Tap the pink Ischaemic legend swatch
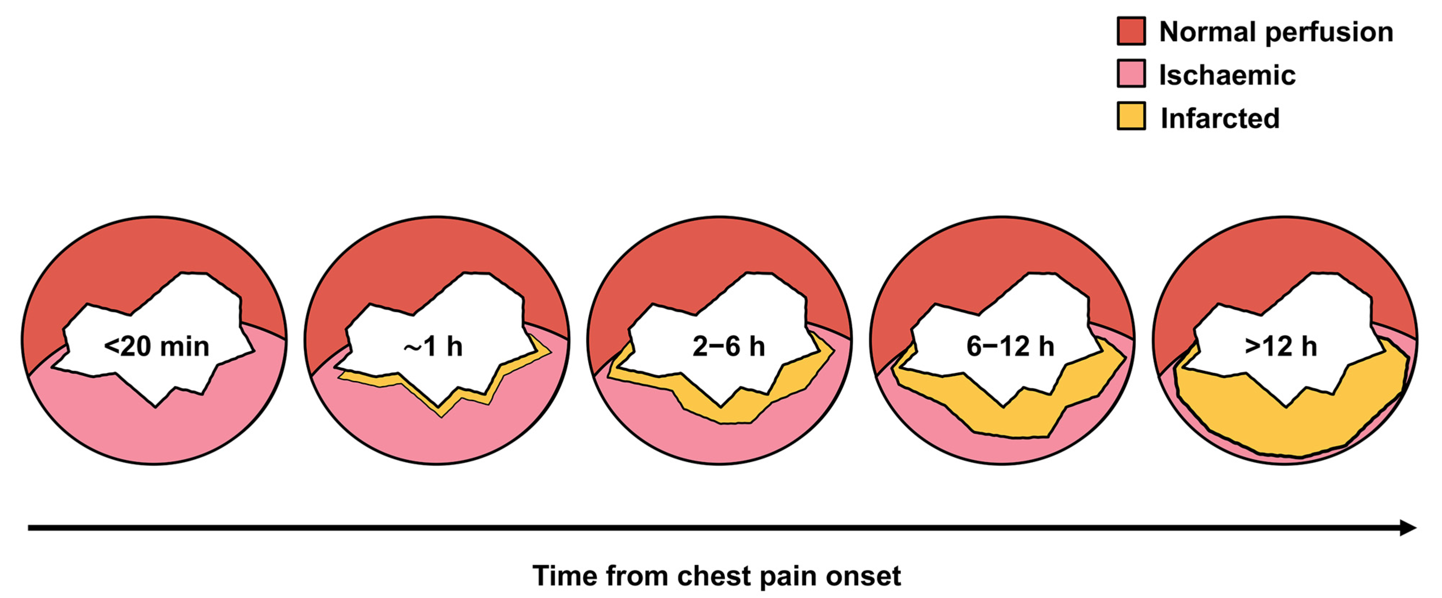[x=1131, y=73]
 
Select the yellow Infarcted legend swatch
[x=1131, y=116]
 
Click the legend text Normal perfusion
[x=1276, y=32]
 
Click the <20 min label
[x=156, y=347]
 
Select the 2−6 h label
[x=728, y=347]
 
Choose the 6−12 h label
[x=1010, y=347]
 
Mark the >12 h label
[x=1281, y=347]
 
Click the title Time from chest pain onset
[x=717, y=576]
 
